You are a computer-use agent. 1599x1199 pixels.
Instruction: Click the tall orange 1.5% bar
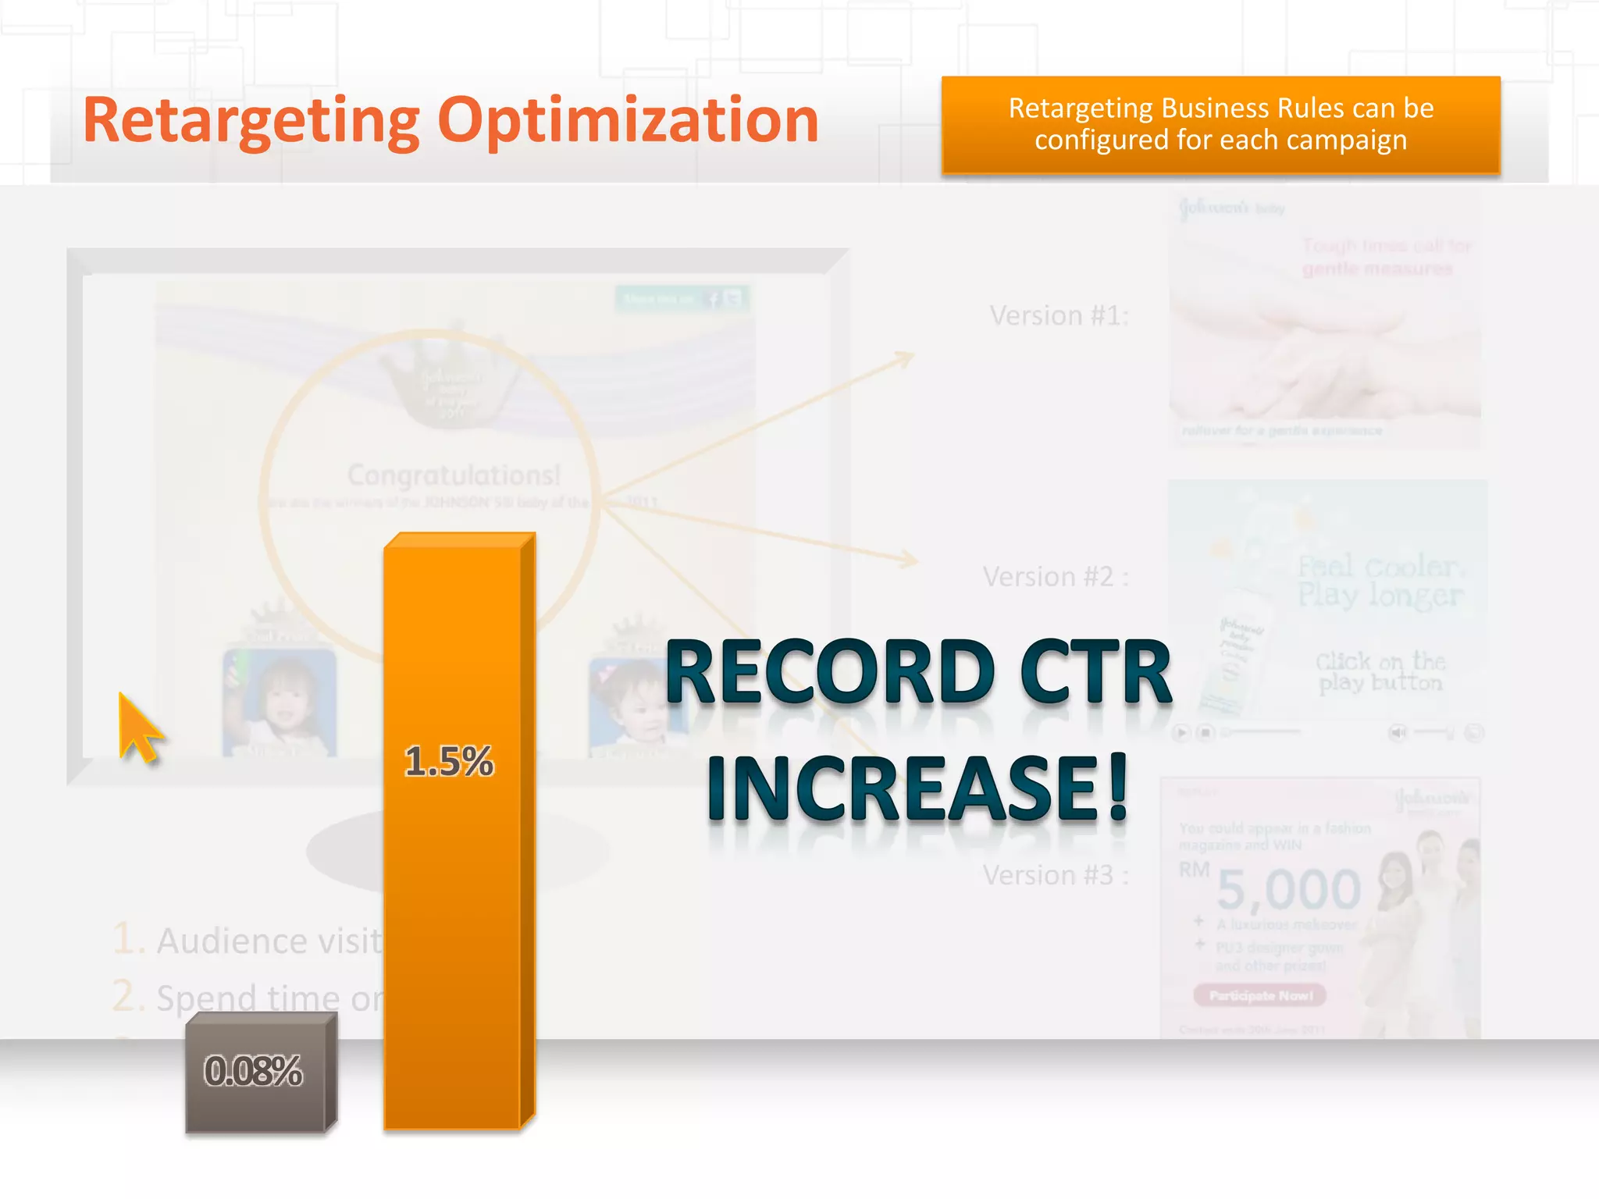[453, 898]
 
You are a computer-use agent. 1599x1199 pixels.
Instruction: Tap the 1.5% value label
[449, 762]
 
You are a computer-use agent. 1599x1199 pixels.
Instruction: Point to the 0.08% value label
[253, 1071]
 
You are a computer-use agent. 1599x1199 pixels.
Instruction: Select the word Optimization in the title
[628, 121]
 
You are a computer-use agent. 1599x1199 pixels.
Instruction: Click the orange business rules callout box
[1220, 125]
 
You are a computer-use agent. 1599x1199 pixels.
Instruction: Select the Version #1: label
[1059, 316]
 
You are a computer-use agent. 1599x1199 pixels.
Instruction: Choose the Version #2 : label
[1055, 577]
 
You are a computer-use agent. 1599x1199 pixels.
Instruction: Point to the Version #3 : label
[1055, 875]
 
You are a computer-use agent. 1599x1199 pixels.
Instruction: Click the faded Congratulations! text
[454, 475]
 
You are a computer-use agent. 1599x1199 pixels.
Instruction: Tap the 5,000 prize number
[1288, 890]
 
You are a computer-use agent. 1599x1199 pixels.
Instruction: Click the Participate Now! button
[1260, 995]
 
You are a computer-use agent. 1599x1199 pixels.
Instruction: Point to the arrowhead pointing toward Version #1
[906, 358]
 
